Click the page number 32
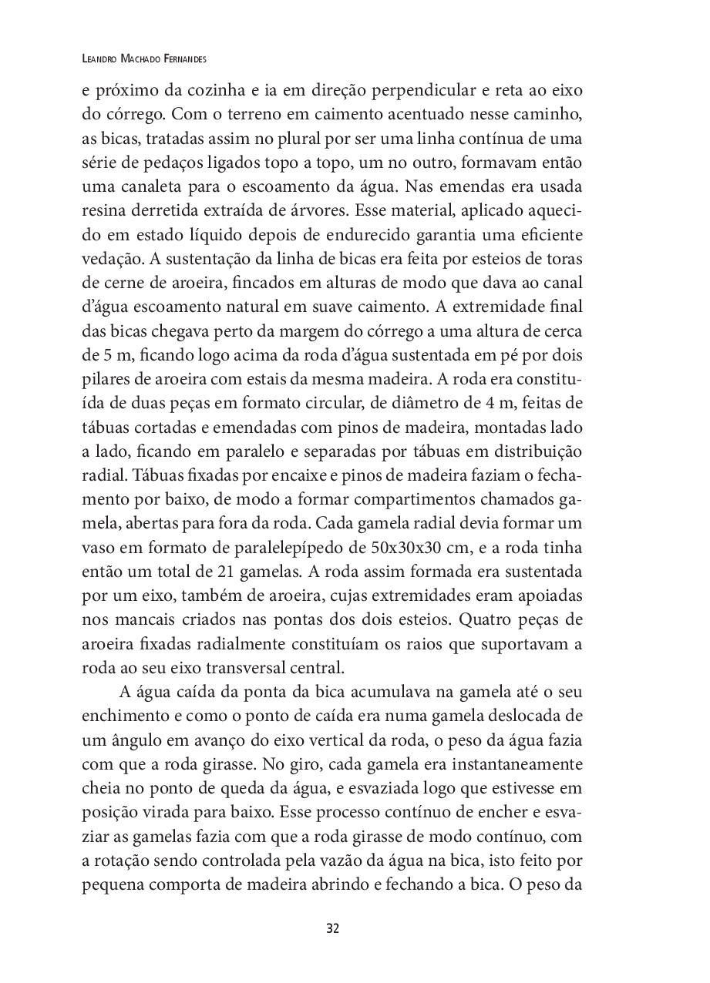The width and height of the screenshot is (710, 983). [x=332, y=928]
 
